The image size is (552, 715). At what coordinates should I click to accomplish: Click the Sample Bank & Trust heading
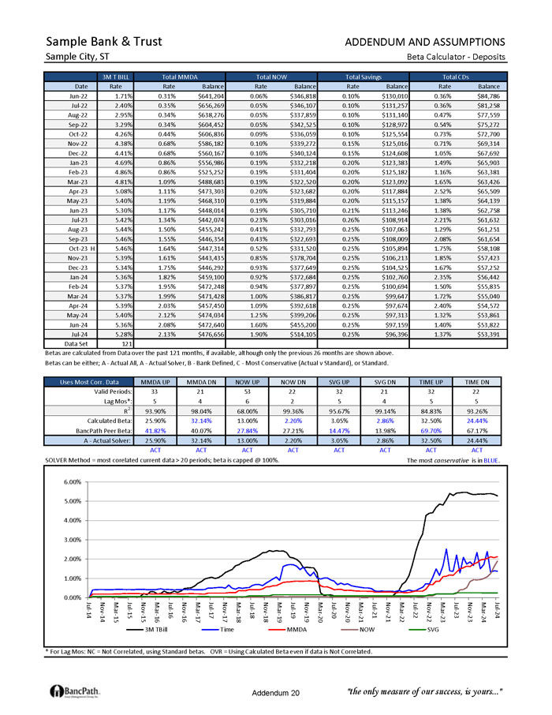coord(104,41)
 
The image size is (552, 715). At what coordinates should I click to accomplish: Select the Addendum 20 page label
coord(276,692)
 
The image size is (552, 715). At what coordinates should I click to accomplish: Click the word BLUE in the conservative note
coord(491,459)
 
